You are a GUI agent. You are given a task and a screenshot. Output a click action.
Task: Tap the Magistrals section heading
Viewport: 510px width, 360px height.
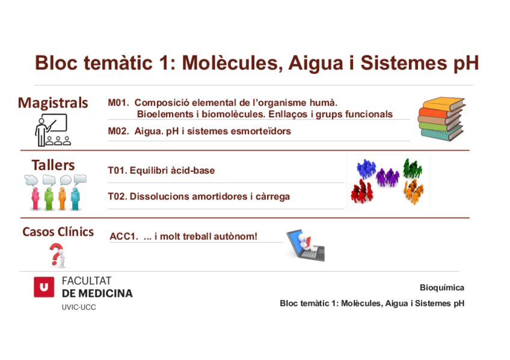point(53,103)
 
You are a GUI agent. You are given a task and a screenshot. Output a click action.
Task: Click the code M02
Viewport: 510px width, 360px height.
point(118,131)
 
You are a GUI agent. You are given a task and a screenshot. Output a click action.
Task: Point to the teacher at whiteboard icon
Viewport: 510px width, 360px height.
point(52,130)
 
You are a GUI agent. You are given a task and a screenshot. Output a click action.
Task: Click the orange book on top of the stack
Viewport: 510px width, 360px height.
point(444,103)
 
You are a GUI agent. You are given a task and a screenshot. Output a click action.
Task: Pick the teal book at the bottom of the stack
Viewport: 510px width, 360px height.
point(441,134)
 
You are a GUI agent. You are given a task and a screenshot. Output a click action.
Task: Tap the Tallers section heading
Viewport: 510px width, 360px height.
point(53,165)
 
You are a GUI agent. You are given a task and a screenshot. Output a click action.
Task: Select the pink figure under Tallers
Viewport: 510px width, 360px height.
point(35,198)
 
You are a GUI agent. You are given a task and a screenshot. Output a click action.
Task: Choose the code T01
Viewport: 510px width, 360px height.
point(117,171)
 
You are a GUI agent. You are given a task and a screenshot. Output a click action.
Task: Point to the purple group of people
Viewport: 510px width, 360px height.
point(387,177)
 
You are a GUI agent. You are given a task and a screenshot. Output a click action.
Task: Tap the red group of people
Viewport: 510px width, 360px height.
point(362,192)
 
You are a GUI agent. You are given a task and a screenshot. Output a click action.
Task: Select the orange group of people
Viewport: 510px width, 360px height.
point(413,192)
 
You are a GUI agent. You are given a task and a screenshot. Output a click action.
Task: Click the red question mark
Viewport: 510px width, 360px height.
point(57,254)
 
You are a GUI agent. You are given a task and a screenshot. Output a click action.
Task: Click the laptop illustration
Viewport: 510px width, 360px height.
point(305,245)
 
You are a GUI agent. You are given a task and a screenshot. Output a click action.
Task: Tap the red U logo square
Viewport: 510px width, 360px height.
point(44,287)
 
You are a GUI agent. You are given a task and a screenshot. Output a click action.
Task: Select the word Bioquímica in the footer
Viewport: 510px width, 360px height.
point(442,288)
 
